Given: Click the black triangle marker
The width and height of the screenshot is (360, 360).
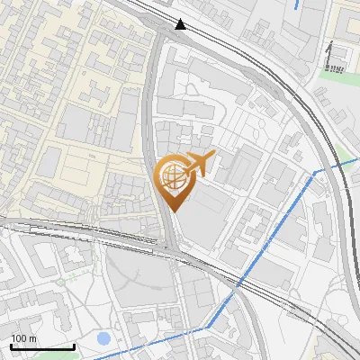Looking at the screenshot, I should [183, 24].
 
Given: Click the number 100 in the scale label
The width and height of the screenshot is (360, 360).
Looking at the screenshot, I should [20, 338].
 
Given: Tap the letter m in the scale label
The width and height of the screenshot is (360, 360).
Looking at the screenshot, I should [33, 338].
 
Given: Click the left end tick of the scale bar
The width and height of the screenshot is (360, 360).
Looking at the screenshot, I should [11, 346].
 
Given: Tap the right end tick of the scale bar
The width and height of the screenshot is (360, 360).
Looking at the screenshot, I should [74, 346].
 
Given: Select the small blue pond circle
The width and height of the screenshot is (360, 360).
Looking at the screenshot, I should [103, 339].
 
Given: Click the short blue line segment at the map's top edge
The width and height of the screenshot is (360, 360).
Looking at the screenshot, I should [297, 4].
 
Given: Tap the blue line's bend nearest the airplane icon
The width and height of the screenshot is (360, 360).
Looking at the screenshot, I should [314, 171].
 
